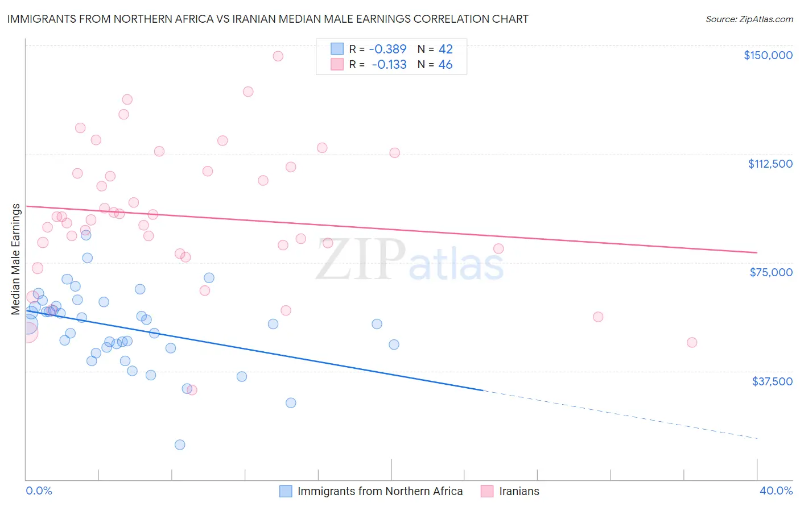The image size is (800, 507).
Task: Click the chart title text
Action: pyautogui.click(x=267, y=19)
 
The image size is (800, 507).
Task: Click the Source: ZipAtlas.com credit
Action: pyautogui.click(x=749, y=19)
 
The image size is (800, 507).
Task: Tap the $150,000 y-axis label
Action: pyautogui.click(x=768, y=55)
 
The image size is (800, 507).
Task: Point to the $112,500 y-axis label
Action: pyautogui.click(x=770, y=164)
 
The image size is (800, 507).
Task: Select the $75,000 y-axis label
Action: pyautogui.click(x=771, y=272)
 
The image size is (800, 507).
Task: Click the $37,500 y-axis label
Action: pyautogui.click(x=772, y=381)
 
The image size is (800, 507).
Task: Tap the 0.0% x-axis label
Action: pyautogui.click(x=39, y=491)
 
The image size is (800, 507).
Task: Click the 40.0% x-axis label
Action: pyautogui.click(x=776, y=491)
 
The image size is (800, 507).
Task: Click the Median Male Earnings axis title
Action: pyautogui.click(x=16, y=259)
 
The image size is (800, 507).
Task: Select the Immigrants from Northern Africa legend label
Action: pyautogui.click(x=380, y=491)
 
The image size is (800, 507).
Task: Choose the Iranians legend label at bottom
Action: pyautogui.click(x=519, y=491)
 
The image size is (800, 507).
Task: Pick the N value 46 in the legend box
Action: pyautogui.click(x=445, y=65)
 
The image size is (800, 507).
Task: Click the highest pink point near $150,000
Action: pyautogui.click(x=278, y=56)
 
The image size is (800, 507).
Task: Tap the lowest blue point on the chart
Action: pyautogui.click(x=180, y=444)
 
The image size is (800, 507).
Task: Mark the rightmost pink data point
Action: pyautogui.click(x=692, y=342)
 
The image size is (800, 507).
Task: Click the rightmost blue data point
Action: pyautogui.click(x=394, y=344)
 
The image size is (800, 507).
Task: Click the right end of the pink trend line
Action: pyautogui.click(x=756, y=252)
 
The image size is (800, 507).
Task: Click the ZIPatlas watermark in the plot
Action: pyautogui.click(x=410, y=260)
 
